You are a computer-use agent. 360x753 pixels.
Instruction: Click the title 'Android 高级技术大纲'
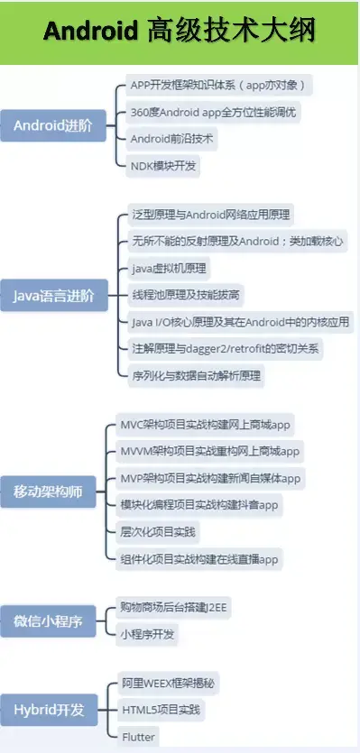(180, 32)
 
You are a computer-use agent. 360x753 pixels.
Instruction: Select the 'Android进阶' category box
(52, 125)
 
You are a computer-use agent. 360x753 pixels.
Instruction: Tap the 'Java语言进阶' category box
(52, 295)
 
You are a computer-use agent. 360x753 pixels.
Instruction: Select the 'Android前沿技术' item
(174, 140)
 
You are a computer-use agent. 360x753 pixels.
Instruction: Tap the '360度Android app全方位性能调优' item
(215, 113)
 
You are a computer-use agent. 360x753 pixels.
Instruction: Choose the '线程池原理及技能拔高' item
(186, 295)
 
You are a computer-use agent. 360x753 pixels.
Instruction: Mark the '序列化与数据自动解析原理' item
(195, 375)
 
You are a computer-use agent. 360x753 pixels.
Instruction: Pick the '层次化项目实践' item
(158, 532)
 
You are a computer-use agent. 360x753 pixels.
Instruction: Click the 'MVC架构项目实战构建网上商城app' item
(206, 424)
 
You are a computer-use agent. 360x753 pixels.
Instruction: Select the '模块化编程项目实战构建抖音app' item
(199, 505)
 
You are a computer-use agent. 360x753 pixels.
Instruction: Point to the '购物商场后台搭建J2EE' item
(175, 608)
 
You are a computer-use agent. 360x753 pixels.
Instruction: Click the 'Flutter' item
(138, 737)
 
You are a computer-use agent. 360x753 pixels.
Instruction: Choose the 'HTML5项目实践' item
(162, 711)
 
